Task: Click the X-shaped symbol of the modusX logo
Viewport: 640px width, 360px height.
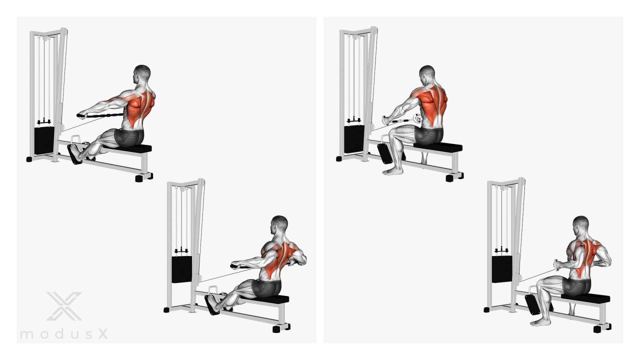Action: (64, 306)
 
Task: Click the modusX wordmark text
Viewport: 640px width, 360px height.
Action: (64, 334)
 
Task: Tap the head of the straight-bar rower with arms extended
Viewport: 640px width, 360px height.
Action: (141, 74)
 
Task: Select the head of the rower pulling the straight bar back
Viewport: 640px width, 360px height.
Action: (279, 225)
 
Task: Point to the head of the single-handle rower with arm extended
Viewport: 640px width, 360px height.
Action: (427, 75)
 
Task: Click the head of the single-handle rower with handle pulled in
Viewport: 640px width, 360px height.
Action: (580, 225)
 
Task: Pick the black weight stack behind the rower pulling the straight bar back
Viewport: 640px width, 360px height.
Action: (181, 269)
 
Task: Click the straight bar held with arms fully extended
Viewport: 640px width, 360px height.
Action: (99, 115)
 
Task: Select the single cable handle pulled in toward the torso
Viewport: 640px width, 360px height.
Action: (556, 264)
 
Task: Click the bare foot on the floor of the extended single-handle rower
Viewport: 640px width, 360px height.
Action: (392, 171)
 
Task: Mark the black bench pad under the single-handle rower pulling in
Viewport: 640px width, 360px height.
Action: (585, 297)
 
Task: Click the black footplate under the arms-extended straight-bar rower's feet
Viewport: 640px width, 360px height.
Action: (74, 154)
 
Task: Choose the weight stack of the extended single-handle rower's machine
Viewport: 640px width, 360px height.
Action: (354, 139)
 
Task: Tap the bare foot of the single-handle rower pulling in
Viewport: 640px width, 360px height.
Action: (540, 322)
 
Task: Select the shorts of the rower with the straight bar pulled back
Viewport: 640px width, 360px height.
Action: (266, 288)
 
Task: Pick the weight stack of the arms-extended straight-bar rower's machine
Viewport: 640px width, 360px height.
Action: (44, 141)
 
